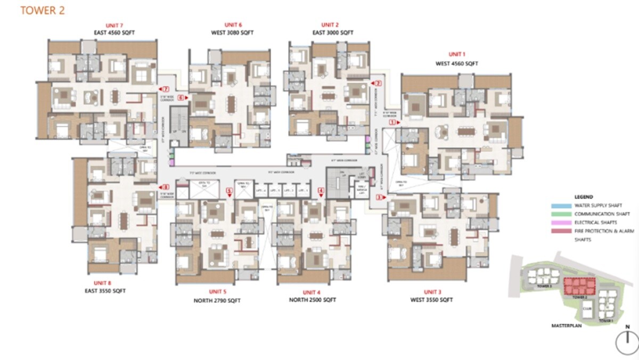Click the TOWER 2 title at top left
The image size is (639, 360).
43,11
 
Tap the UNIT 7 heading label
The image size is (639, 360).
114,25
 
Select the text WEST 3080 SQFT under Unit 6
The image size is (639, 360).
233,32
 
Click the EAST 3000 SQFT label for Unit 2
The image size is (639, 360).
333,32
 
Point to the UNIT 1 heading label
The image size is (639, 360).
457,54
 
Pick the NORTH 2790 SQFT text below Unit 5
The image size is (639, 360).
217,300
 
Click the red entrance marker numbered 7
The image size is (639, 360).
165,89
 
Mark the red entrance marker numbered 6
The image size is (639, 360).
182,97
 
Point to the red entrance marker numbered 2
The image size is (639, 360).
378,83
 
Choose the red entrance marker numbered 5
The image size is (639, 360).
230,190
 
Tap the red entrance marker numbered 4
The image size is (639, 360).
321,190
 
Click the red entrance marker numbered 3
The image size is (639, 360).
379,197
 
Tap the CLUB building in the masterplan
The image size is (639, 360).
587,307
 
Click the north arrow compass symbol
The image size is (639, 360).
627,341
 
